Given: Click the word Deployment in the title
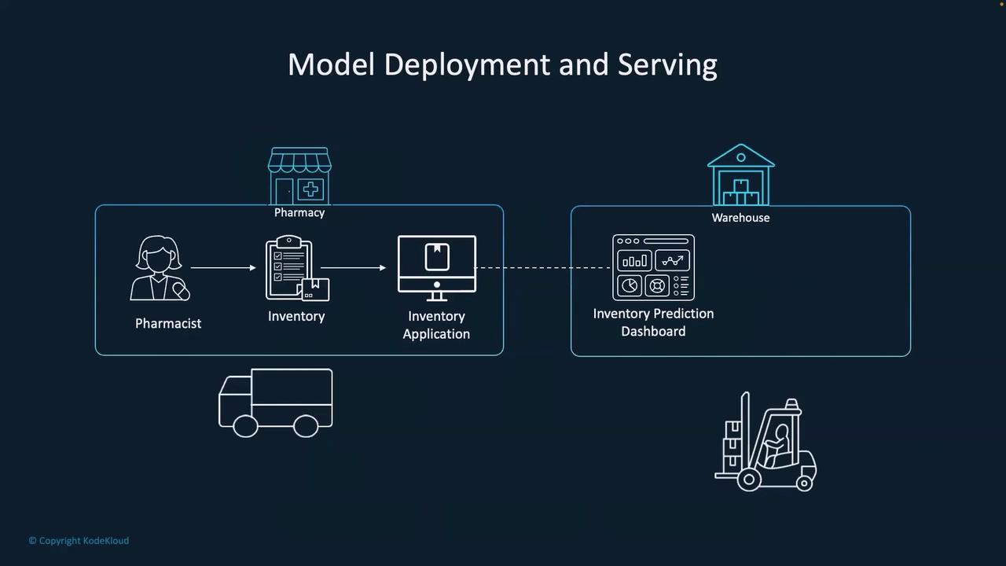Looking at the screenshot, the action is (x=467, y=65).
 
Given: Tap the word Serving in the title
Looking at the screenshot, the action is (x=667, y=65).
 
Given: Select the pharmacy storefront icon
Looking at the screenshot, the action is (x=299, y=176).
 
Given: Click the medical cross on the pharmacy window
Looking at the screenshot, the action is (x=310, y=189).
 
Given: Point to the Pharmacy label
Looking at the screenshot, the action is (x=299, y=212).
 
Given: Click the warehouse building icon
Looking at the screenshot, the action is (x=741, y=175).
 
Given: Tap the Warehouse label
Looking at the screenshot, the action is (x=740, y=218).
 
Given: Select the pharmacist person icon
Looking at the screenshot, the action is (x=160, y=268).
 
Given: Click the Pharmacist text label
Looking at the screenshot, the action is (x=168, y=323).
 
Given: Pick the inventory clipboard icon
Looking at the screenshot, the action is (x=297, y=268).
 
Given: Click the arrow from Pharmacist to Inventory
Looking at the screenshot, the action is (x=223, y=268).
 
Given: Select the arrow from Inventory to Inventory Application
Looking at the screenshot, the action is (x=354, y=268).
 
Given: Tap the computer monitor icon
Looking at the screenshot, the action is (x=437, y=268).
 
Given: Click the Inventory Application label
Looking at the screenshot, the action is (x=436, y=325).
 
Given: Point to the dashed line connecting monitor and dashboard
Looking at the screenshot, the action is (x=543, y=268).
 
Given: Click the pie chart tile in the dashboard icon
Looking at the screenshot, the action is (x=630, y=285).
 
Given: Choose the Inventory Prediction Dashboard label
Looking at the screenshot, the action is (x=653, y=322).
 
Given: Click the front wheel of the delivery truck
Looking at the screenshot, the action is (x=245, y=426).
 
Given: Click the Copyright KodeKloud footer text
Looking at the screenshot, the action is (x=79, y=541).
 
